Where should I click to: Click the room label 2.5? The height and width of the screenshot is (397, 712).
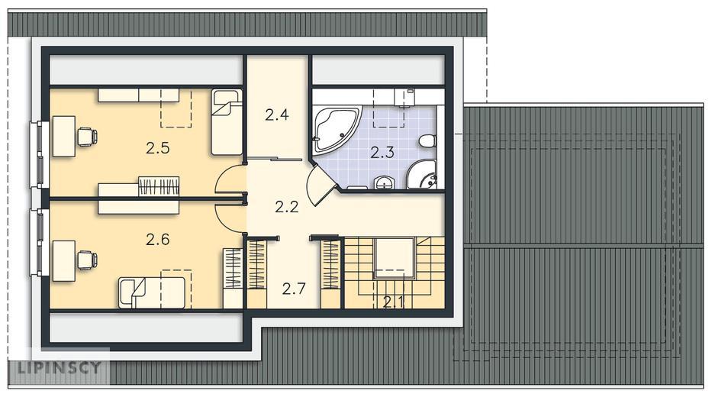coord(157,148)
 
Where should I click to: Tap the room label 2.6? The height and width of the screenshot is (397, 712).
coord(157,240)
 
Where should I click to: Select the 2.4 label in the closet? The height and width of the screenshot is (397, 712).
coord(277,115)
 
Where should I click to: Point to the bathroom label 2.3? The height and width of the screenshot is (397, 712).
coord(382,153)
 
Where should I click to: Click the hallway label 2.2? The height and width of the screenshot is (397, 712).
coord(287,207)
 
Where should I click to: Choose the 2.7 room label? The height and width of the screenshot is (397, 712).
coord(294,289)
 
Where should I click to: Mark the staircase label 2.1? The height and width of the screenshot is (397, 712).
coord(393,302)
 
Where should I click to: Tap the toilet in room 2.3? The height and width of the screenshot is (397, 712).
coord(427,140)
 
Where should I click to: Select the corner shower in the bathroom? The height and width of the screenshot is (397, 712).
coord(423,176)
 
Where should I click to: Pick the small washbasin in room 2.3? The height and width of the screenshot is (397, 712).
coord(385,182)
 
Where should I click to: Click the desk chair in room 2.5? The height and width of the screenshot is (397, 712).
coord(87,137)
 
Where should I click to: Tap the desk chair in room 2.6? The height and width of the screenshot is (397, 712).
coord(87,260)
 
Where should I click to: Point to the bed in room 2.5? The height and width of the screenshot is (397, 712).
coord(227,122)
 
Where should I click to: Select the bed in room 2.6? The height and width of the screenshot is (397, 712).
coord(152,293)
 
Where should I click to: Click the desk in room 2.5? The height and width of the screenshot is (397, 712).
coord(63,136)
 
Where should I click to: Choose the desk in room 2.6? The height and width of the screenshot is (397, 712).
coord(63,261)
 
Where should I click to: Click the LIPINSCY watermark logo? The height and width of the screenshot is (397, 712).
coord(59,367)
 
